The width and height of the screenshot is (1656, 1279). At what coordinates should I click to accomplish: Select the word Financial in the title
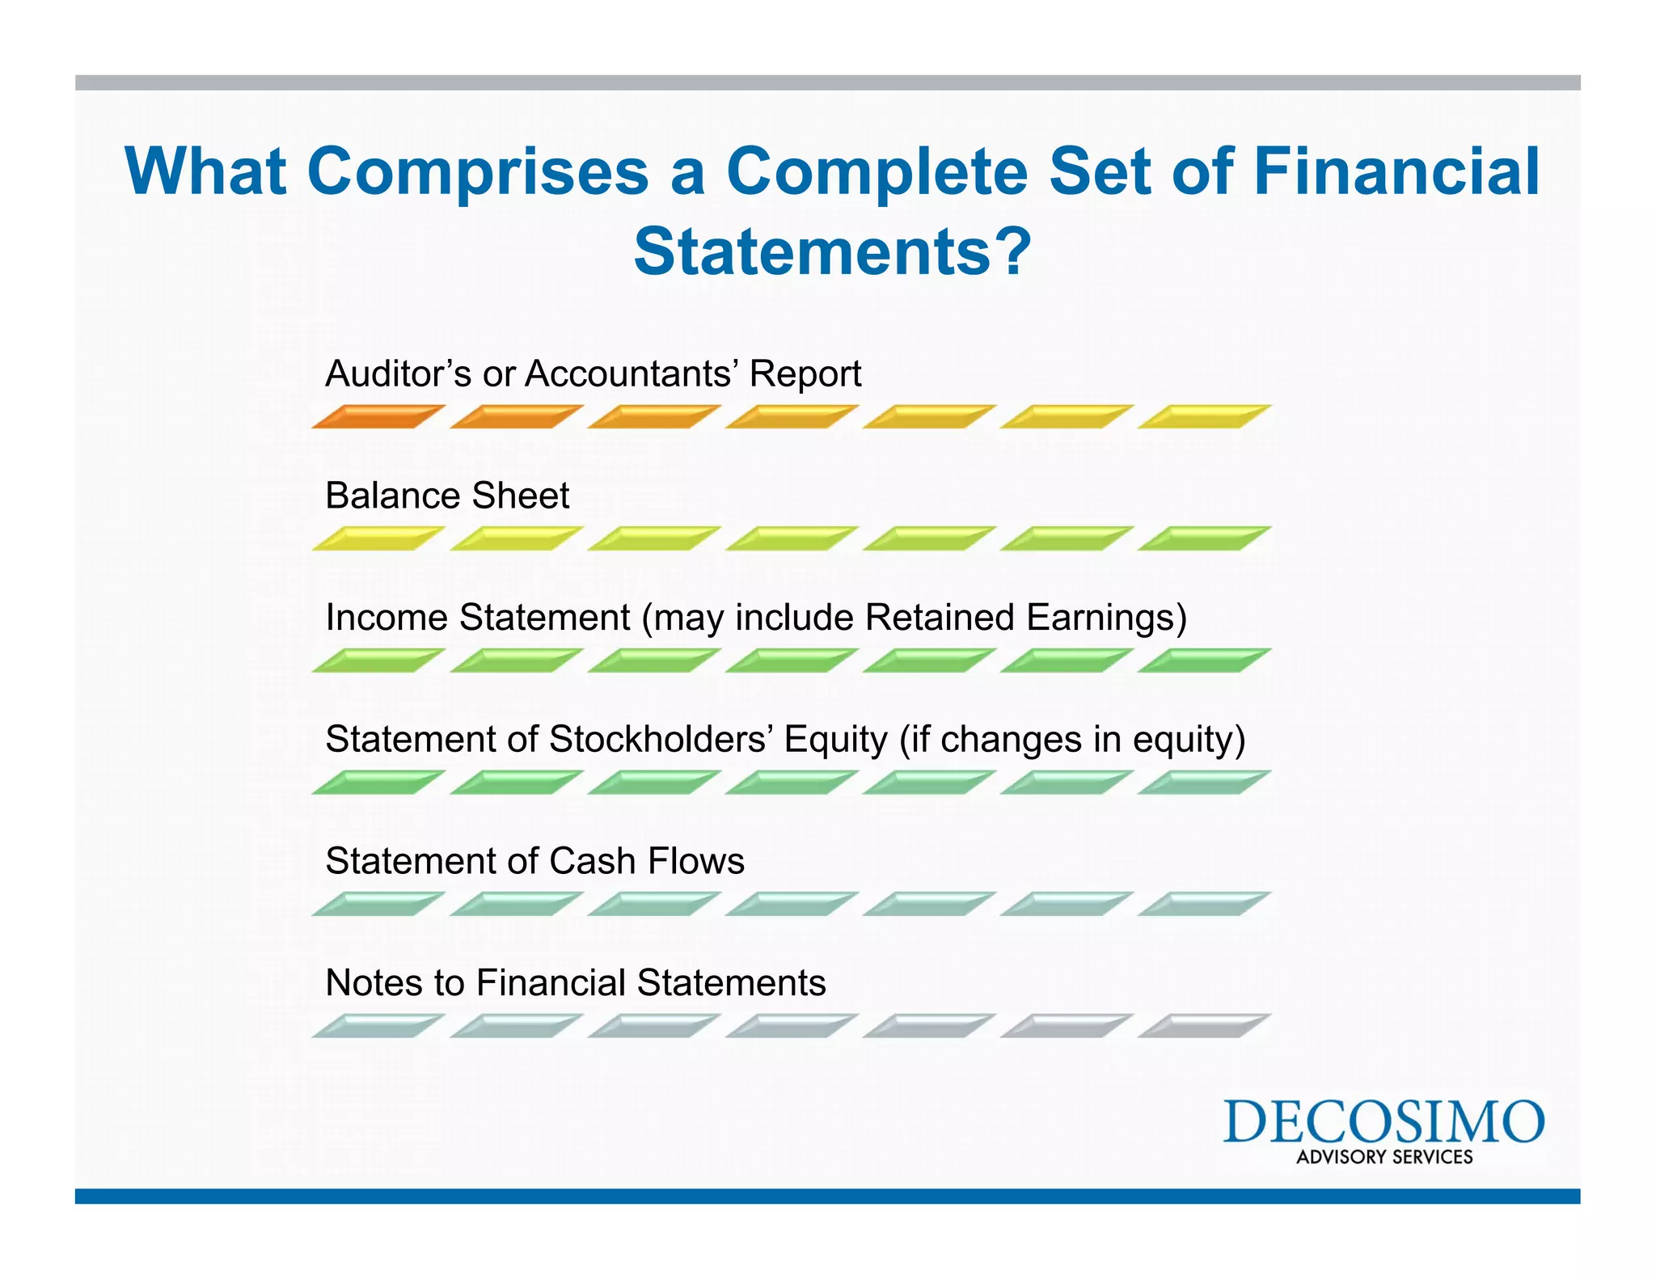[x=1396, y=171]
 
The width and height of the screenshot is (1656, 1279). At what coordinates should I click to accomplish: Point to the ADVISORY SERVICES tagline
[x=1384, y=1157]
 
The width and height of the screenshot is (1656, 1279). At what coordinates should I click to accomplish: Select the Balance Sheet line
[x=447, y=496]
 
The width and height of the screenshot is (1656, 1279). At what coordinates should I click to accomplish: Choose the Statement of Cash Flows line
[x=534, y=861]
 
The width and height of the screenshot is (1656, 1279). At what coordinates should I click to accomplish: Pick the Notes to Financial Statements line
[x=575, y=983]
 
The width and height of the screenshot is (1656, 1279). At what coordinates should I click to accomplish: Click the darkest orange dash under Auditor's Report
[x=378, y=417]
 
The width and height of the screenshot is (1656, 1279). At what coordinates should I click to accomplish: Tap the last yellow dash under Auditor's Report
[x=1204, y=417]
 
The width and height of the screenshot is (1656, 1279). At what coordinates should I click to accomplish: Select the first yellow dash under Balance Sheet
[x=378, y=539]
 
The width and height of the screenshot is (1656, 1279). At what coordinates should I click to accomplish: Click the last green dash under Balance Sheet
[x=1204, y=539]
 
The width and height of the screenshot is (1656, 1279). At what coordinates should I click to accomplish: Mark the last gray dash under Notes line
[x=1204, y=1027]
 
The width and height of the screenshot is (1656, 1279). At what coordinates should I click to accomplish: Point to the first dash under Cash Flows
[x=378, y=905]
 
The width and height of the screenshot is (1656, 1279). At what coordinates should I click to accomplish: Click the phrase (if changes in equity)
[x=1072, y=739]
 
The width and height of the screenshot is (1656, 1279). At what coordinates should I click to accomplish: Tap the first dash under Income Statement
[x=378, y=661]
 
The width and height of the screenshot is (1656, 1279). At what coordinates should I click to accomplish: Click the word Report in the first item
[x=805, y=374]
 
